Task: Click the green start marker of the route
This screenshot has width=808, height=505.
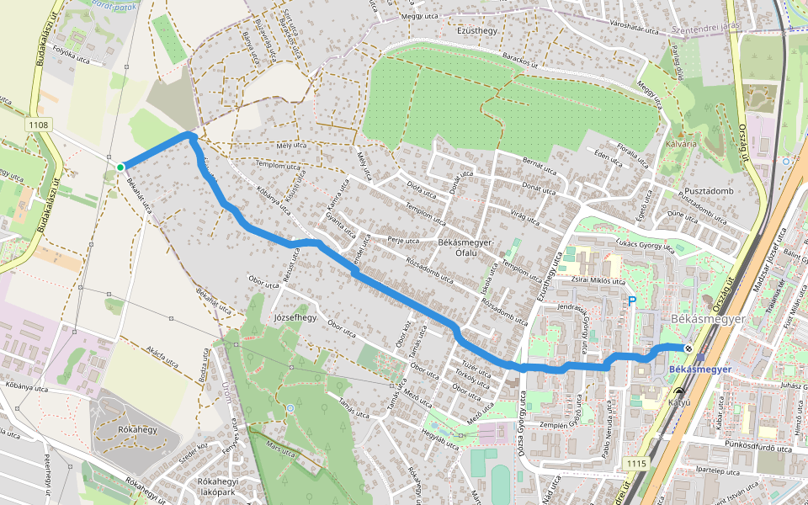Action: (x=120, y=167)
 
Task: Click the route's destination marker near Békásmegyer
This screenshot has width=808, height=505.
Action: (x=688, y=348)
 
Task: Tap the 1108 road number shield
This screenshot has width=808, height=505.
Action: (x=40, y=125)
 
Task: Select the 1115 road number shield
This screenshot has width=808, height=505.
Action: (x=636, y=464)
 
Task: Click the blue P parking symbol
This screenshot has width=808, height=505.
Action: (x=632, y=301)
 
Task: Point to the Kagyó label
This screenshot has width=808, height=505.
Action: (x=678, y=402)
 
